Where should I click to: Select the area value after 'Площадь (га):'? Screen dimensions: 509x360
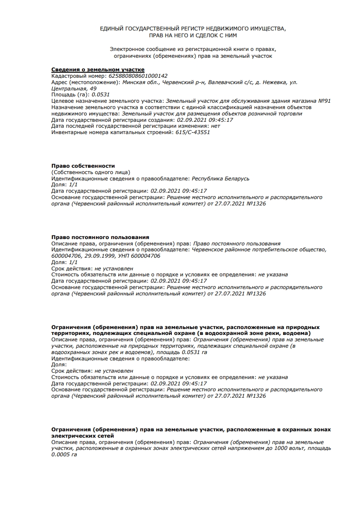coord(101,95)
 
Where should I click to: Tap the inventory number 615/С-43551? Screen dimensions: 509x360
coord(193,133)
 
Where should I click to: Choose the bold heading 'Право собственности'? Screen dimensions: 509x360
coord(83,166)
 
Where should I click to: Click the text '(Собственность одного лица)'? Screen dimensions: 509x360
coord(90,172)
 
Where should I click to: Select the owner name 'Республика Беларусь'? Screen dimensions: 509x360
coord(220,179)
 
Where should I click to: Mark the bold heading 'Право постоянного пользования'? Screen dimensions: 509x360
coord(100,237)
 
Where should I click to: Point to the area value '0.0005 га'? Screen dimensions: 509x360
coord(65,454)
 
